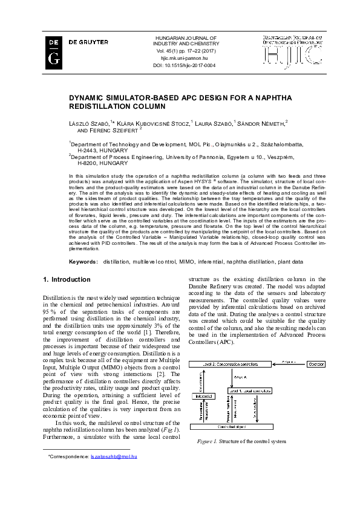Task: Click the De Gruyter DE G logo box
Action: point(53,50)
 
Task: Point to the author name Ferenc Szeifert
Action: point(114,130)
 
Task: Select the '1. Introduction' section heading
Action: point(67,280)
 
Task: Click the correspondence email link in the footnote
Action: point(114,474)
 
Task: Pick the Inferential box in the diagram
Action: point(204,395)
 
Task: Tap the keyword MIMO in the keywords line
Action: point(178,262)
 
